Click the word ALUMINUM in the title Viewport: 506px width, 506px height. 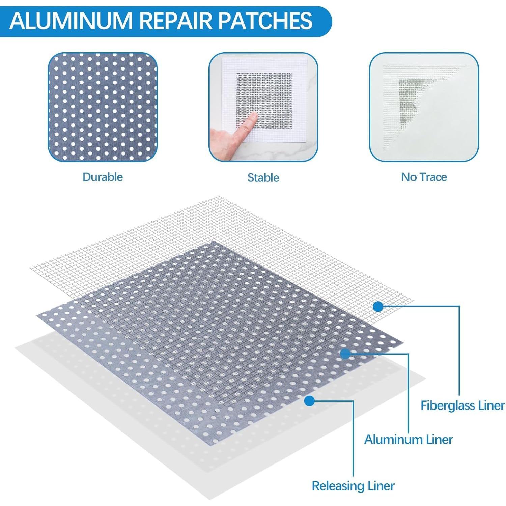click(x=71, y=21)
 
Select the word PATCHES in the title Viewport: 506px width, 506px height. click(x=265, y=21)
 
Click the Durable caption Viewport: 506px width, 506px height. click(x=103, y=177)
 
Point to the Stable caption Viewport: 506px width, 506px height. click(x=263, y=178)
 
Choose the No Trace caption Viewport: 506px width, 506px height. click(x=424, y=177)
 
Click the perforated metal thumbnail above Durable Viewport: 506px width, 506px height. click(x=103, y=107)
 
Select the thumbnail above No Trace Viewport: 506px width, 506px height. click(x=424, y=107)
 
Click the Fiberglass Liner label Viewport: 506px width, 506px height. click(x=462, y=405)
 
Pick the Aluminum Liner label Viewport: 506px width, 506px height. click(x=408, y=440)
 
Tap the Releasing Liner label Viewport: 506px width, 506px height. click(x=353, y=486)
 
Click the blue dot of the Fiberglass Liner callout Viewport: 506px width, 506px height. click(x=378, y=307)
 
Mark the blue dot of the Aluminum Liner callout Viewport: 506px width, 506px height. click(x=345, y=354)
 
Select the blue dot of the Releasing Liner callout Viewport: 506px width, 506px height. click(x=309, y=401)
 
